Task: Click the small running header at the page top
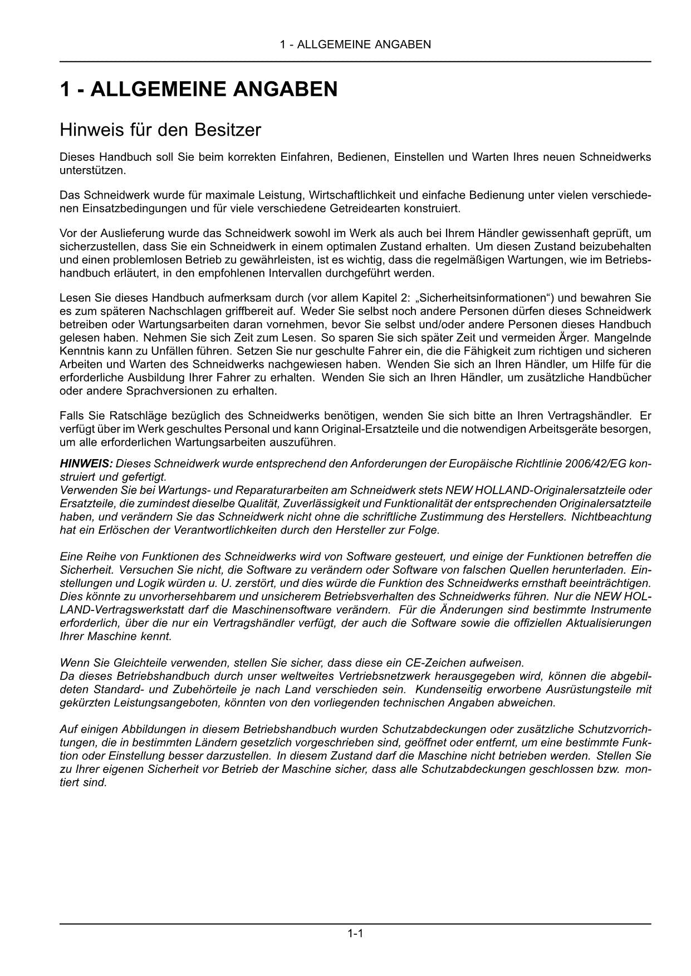[355, 45]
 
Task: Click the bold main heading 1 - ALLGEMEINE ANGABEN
[199, 90]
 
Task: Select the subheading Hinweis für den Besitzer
[160, 130]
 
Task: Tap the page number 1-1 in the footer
[355, 934]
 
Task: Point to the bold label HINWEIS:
[86, 464]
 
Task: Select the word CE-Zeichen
[439, 663]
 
